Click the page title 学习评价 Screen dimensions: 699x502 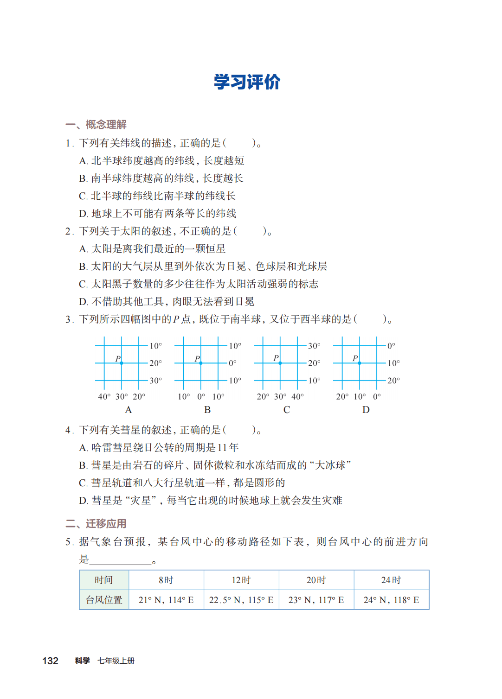click(247, 82)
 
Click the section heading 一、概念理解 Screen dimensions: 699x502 click(96, 124)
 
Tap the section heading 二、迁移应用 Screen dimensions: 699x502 click(96, 523)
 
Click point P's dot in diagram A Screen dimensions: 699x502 click(122, 363)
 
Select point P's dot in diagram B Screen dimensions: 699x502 click(201, 363)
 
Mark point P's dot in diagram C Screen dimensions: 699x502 click(280, 363)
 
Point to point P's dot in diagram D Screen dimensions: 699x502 click(360, 363)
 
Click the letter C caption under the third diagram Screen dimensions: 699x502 click(287, 410)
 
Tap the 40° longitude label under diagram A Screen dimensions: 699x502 click(104, 396)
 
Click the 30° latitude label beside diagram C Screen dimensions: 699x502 click(314, 346)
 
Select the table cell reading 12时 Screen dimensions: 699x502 click(241, 580)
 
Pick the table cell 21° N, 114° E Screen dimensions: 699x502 click(166, 600)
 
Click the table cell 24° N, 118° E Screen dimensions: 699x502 click(391, 600)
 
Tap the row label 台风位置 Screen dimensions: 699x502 click(104, 600)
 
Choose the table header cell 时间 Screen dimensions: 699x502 click(104, 580)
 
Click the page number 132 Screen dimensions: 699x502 click(50, 661)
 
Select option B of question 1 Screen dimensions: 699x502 click(161, 178)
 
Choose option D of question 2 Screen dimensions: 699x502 click(167, 302)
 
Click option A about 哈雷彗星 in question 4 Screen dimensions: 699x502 click(159, 448)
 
